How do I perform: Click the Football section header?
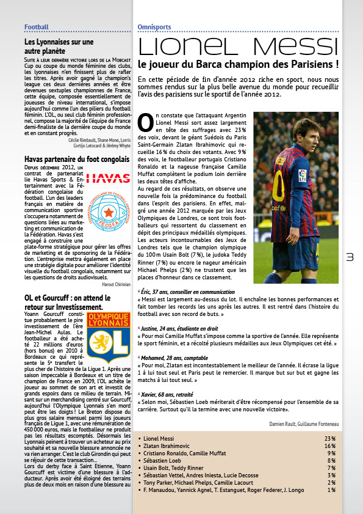pos(36,27)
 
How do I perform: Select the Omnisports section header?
pos(154,27)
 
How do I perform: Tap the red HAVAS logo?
pos(108,178)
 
